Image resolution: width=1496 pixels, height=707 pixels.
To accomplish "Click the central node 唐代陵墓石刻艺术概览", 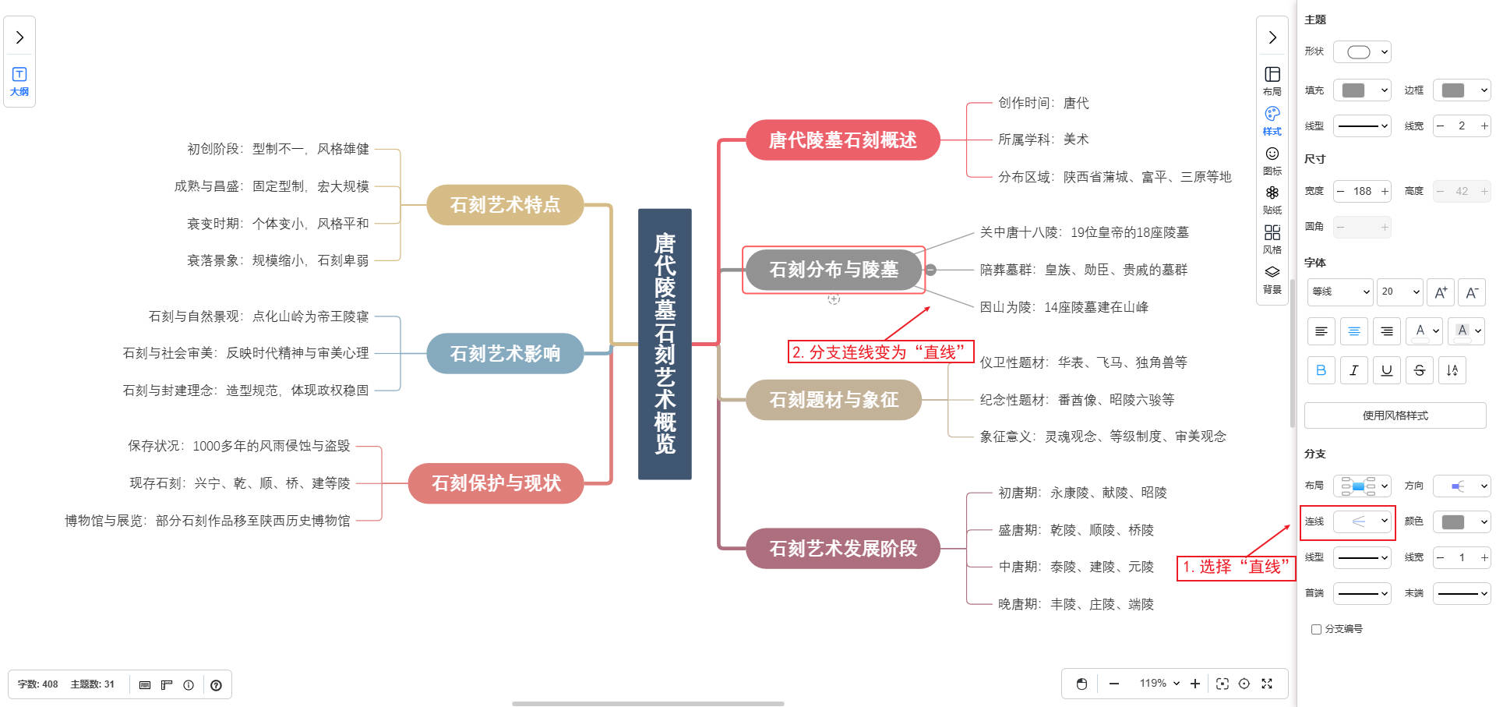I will (x=665, y=344).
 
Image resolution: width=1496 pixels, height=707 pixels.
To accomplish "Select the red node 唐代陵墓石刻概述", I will (x=842, y=140).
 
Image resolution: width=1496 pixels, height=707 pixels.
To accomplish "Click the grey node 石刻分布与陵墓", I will (x=834, y=270).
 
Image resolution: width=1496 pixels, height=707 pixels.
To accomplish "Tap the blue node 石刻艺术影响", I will (x=505, y=354).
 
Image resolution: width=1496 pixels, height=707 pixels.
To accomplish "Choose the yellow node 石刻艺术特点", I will (x=505, y=205).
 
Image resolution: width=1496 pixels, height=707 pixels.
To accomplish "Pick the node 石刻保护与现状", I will (x=496, y=483).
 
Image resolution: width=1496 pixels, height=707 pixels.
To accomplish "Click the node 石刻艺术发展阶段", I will (x=843, y=549).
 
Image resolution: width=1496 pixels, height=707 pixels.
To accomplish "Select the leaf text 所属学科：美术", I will (x=1043, y=140).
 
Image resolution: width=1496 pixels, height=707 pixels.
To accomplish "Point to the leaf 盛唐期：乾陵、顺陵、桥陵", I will (x=1075, y=530).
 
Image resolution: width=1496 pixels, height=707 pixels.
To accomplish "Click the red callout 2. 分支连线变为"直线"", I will (x=880, y=352).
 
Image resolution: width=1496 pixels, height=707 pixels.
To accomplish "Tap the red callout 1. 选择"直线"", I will (x=1235, y=567).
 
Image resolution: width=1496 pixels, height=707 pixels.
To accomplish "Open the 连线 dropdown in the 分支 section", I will (x=1363, y=521).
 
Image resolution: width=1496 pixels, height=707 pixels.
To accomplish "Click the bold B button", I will (x=1321, y=370).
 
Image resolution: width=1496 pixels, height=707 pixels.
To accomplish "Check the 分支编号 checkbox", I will (x=1316, y=629).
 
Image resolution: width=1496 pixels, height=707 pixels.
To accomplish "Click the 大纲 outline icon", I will (x=19, y=80).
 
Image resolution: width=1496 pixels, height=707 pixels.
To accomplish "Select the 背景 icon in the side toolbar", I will (x=1272, y=278).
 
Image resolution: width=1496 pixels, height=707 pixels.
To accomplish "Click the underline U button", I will (x=1386, y=370).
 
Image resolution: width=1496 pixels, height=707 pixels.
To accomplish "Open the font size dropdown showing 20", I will (x=1400, y=292).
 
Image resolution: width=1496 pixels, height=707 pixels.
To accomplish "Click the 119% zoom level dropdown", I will (x=1159, y=684).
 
